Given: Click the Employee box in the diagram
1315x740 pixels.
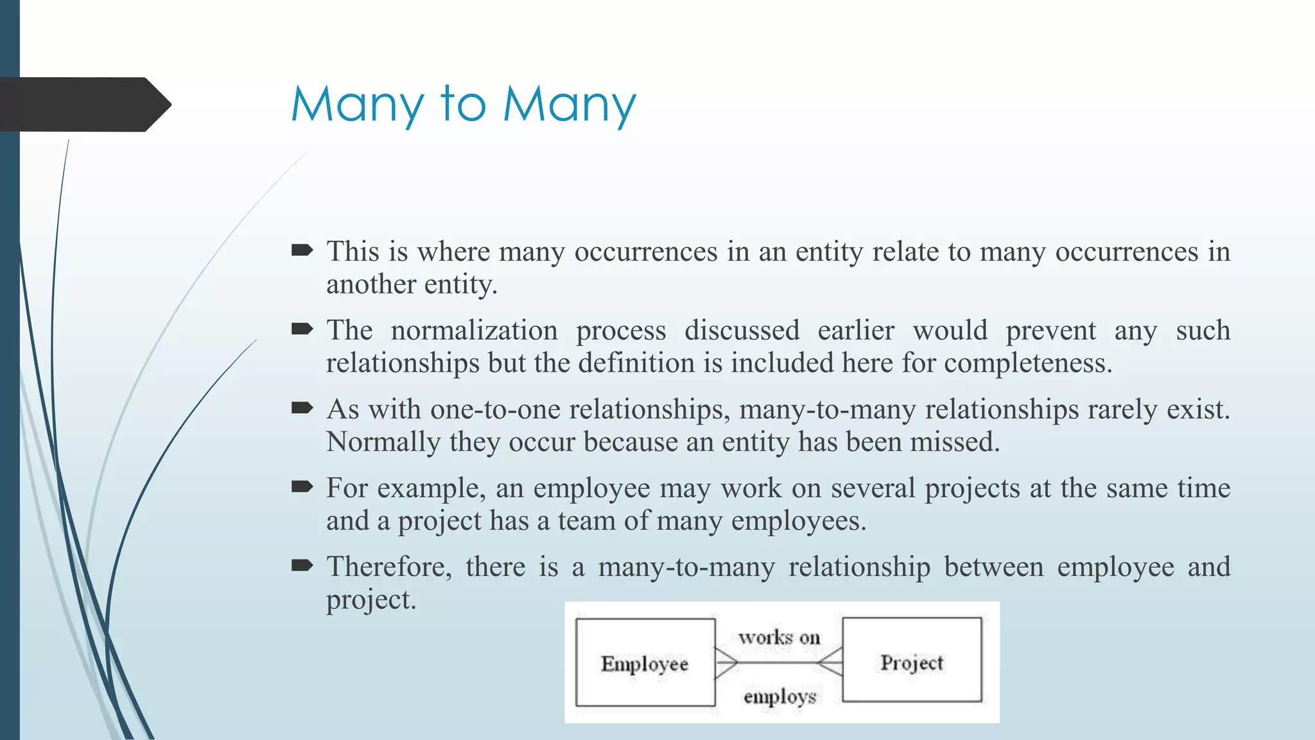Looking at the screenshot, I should [645, 662].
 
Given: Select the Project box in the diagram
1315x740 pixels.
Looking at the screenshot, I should [912, 661].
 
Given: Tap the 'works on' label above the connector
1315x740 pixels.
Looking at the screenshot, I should [779, 637].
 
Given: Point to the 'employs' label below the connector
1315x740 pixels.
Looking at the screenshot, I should [779, 696].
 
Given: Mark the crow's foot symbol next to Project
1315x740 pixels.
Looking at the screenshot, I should [831, 662].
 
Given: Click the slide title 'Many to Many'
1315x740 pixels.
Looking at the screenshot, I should [464, 105].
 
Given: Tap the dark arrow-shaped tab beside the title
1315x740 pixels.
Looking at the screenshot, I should [83, 105].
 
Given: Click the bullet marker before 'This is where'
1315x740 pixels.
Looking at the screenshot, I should [302, 250].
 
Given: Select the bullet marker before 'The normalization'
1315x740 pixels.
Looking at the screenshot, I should [302, 329].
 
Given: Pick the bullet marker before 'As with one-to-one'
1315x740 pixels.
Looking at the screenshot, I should [302, 408].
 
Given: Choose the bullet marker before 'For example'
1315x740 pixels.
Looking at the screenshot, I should [302, 487].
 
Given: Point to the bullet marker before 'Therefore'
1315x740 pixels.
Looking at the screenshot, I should [302, 565].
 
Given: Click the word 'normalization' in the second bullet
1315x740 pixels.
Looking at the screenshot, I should [475, 330].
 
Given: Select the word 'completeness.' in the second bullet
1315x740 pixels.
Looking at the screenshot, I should [1028, 364].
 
